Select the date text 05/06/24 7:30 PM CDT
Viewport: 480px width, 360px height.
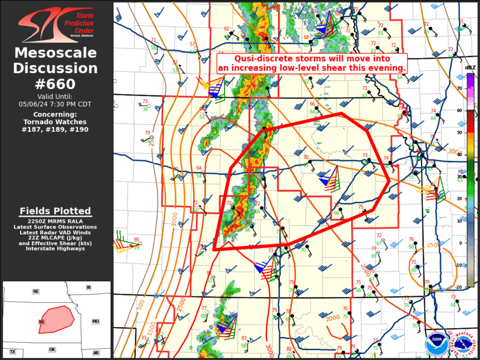coord(56,104)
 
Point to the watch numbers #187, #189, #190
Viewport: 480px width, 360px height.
coord(56,129)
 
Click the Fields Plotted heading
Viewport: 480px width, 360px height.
coord(56,211)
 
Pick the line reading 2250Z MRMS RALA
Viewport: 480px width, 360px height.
coord(56,222)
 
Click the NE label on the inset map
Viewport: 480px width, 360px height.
coord(36,292)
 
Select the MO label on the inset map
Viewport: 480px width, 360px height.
coord(95,321)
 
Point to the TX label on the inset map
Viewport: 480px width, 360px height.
coord(12,352)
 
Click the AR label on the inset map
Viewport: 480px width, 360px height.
coord(95,352)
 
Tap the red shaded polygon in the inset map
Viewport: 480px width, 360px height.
coord(55,319)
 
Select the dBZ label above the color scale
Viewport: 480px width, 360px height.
coord(470,68)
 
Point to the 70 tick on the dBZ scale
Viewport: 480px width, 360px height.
coord(459,88)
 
